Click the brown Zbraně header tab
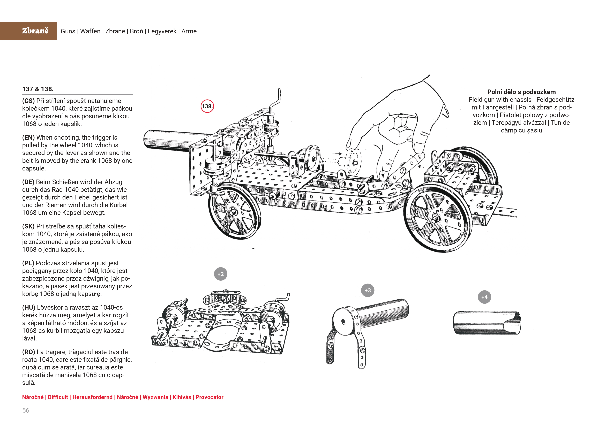28,31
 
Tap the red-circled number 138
207,106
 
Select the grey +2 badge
221,274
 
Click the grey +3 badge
368,290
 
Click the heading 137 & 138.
38,89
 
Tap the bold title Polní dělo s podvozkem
521,92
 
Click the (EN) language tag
28,138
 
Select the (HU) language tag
29,308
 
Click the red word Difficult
58,397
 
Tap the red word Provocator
209,397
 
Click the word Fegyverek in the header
162,31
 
